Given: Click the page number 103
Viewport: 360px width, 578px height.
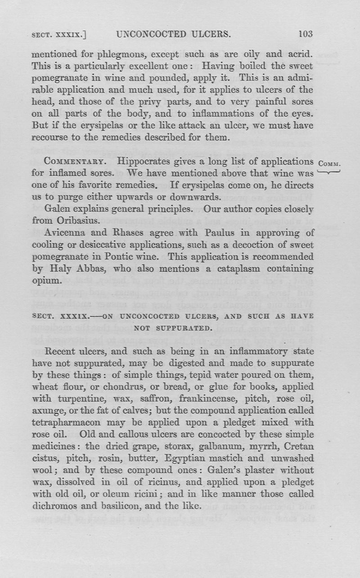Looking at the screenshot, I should click(x=305, y=34).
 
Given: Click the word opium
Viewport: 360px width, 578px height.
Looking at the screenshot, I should click(x=45, y=280).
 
